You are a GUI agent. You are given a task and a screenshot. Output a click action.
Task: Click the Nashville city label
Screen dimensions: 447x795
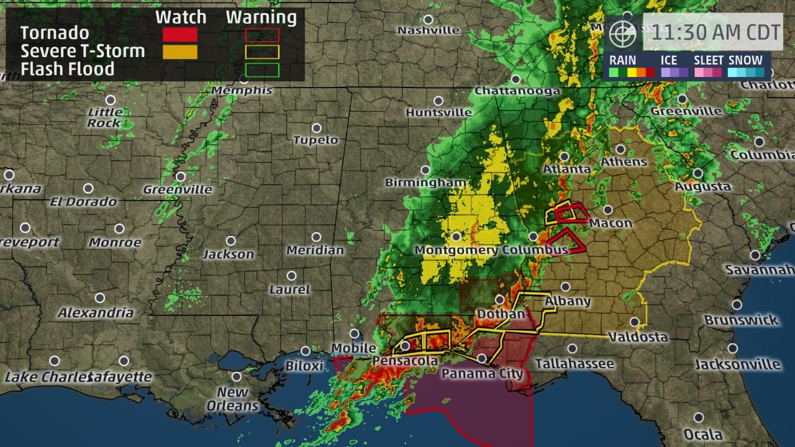click(x=429, y=30)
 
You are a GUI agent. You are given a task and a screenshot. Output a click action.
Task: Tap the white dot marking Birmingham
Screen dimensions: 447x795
click(x=425, y=170)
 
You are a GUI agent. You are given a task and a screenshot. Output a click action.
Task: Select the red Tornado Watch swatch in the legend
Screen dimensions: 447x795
click(x=180, y=35)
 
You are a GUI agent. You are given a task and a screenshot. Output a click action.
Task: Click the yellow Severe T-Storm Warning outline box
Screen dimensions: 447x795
click(x=261, y=52)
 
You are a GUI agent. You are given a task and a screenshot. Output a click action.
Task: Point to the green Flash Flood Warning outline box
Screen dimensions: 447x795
click(x=261, y=69)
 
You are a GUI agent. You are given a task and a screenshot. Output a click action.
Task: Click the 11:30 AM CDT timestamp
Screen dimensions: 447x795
click(x=713, y=33)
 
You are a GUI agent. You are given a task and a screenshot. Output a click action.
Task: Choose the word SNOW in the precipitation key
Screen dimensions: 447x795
click(x=745, y=60)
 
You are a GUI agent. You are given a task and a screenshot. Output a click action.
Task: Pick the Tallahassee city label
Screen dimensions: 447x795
click(x=575, y=364)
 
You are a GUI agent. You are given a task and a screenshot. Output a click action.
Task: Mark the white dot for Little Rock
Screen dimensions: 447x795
click(x=111, y=100)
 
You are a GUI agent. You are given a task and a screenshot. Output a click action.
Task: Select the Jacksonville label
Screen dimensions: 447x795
click(x=737, y=364)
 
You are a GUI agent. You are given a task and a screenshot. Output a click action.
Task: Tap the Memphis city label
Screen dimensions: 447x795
click(x=242, y=91)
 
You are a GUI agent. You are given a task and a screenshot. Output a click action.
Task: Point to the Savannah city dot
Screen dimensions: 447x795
click(x=755, y=255)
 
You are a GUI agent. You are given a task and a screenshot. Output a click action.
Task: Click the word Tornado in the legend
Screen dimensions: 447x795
click(x=55, y=33)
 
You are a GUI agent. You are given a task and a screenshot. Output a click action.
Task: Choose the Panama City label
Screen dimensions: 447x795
click(x=483, y=374)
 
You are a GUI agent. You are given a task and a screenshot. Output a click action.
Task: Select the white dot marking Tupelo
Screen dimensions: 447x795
click(x=316, y=128)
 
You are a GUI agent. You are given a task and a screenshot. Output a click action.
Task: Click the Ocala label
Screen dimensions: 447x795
click(x=702, y=434)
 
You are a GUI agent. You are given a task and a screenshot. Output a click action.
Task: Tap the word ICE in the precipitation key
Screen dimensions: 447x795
click(x=669, y=60)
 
